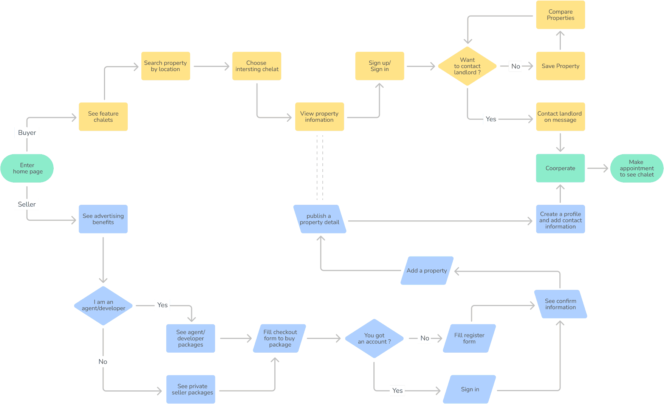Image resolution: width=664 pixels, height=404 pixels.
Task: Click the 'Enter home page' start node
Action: point(27,168)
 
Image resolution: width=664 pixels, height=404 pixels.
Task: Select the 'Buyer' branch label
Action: point(27,133)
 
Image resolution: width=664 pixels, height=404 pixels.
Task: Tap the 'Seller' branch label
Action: point(27,204)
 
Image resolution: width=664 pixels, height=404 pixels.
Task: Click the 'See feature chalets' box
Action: point(103,117)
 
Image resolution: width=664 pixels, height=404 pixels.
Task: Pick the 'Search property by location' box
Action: point(166,66)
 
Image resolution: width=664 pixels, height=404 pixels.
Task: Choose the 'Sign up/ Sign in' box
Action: point(379,66)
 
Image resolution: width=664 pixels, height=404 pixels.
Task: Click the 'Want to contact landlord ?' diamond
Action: point(467,66)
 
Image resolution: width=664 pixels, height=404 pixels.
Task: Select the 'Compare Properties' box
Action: point(560,15)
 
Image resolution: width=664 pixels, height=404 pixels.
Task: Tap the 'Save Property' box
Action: point(560,66)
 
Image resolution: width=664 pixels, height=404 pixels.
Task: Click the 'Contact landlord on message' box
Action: point(560,117)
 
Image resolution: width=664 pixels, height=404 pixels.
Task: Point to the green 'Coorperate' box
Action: point(560,168)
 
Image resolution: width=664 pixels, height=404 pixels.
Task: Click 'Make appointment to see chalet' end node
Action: point(637,168)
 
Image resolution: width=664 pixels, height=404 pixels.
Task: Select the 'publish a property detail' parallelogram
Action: point(320,219)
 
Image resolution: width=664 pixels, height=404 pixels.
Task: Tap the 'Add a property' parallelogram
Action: point(427,271)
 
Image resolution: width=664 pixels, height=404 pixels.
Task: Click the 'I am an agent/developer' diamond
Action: point(103,305)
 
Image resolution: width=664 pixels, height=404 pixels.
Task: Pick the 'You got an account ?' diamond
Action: point(374,339)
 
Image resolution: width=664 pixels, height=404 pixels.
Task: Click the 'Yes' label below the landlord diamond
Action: point(491,119)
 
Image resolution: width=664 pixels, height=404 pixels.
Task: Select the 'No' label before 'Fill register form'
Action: point(425,338)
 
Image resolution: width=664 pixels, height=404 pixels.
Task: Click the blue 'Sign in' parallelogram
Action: point(470,389)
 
